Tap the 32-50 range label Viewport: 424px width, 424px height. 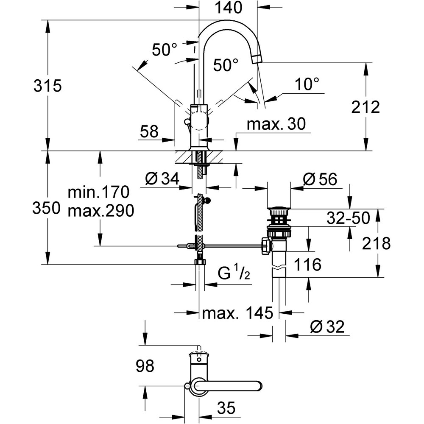point(348,218)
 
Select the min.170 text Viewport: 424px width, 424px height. point(98,193)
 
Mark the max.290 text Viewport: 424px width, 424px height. point(100,210)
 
